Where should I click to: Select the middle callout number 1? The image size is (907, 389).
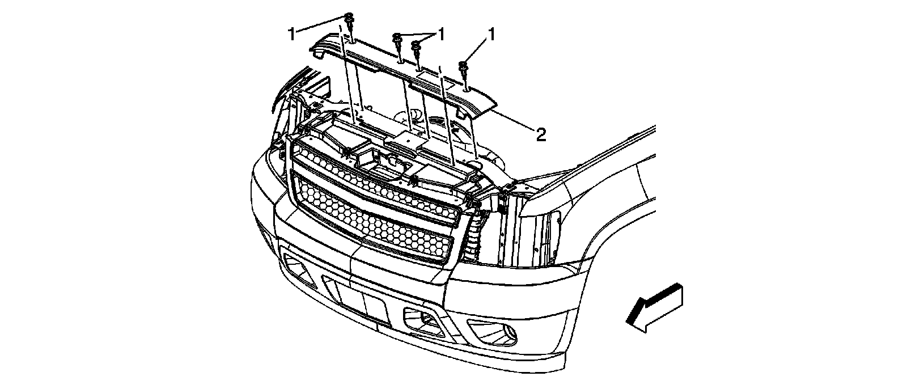pyautogui.click(x=440, y=34)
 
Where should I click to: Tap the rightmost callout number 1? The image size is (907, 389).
pyautogui.click(x=491, y=35)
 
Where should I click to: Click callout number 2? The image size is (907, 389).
pyautogui.click(x=541, y=135)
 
